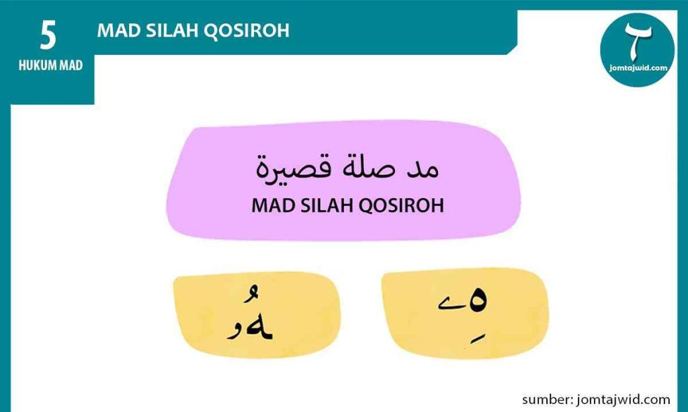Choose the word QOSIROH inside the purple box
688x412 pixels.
[x=402, y=205]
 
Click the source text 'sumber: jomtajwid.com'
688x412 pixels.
[x=596, y=399]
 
